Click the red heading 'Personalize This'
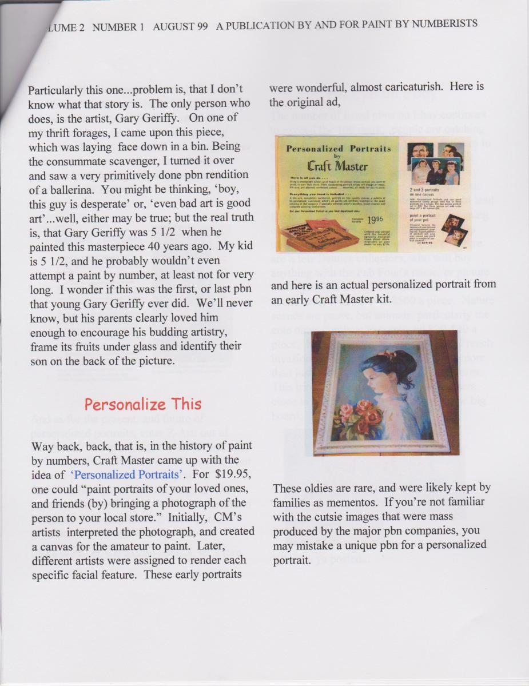pyautogui.click(x=143, y=404)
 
